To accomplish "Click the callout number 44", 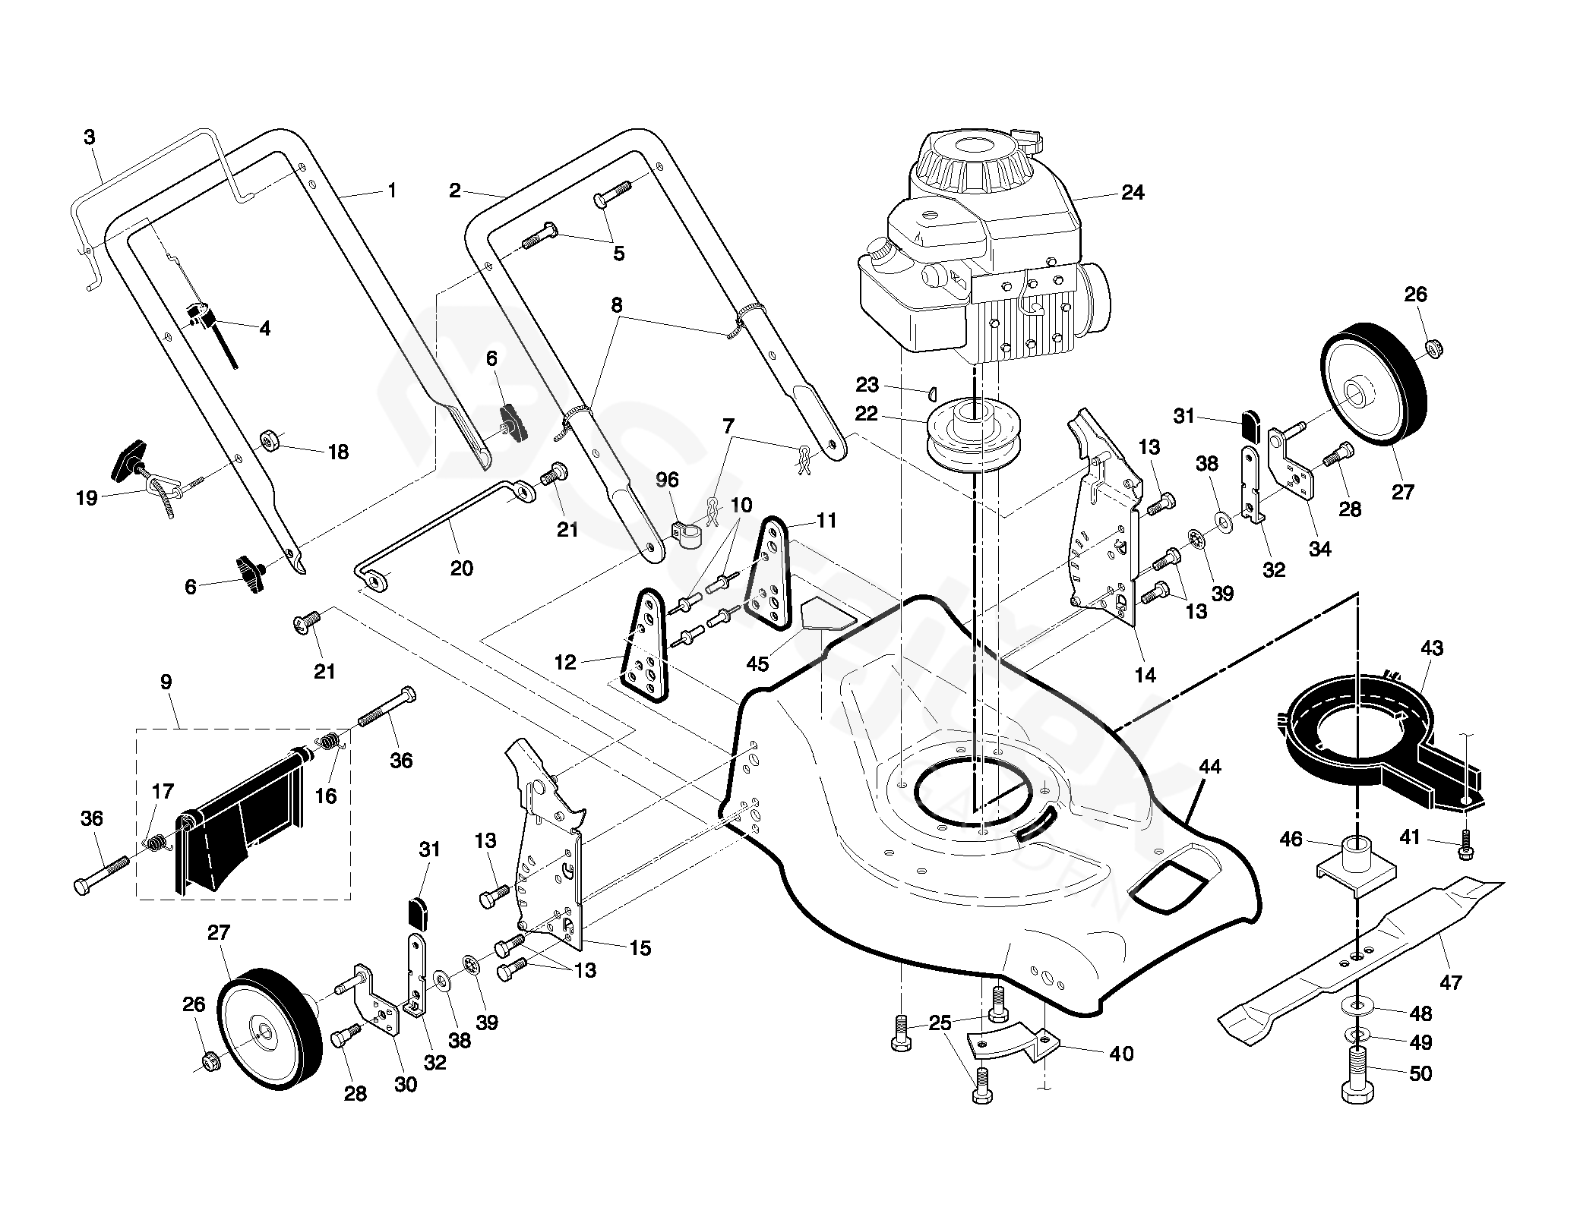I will [1210, 767].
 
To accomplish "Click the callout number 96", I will [668, 481].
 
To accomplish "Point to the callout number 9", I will [166, 682].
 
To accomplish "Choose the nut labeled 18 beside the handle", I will [270, 440].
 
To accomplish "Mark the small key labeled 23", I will [931, 392].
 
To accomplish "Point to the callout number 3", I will [90, 137].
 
